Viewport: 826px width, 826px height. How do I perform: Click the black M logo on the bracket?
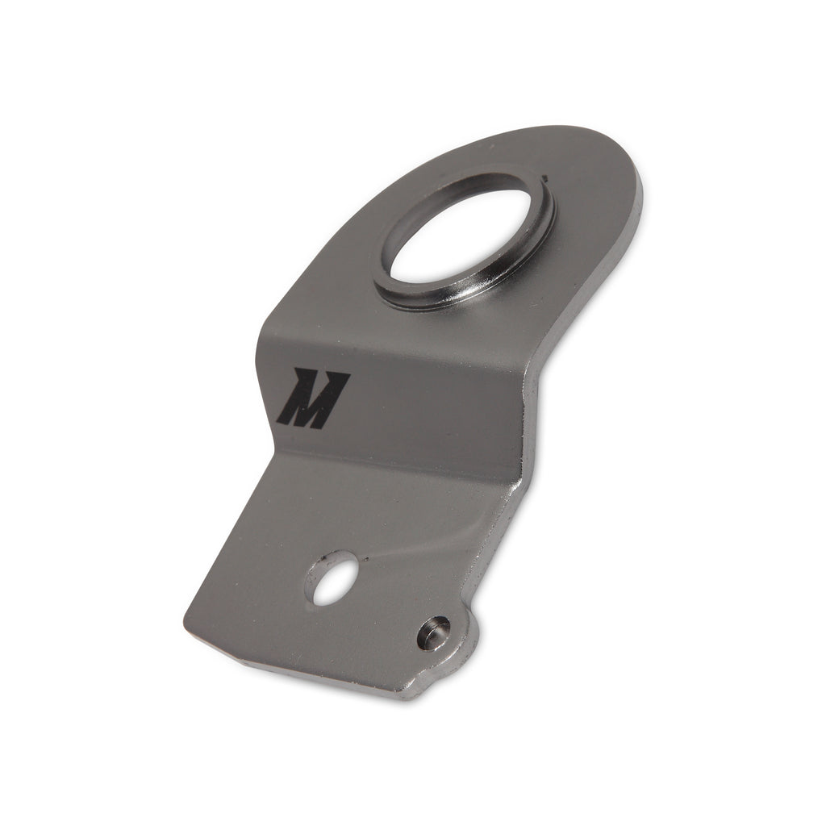(313, 398)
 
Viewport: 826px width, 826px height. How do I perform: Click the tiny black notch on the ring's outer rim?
(547, 175)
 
